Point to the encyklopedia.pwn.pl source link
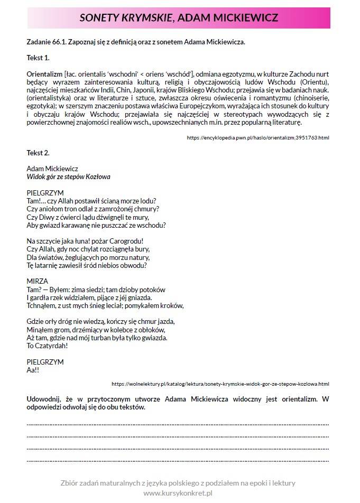pyautogui.click(x=258, y=137)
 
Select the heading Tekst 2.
pyautogui.click(x=38, y=153)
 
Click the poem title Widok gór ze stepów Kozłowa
pyautogui.click(x=69, y=176)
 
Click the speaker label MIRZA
pyautogui.click(x=37, y=281)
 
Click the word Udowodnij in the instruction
pyautogui.click(x=44, y=399)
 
